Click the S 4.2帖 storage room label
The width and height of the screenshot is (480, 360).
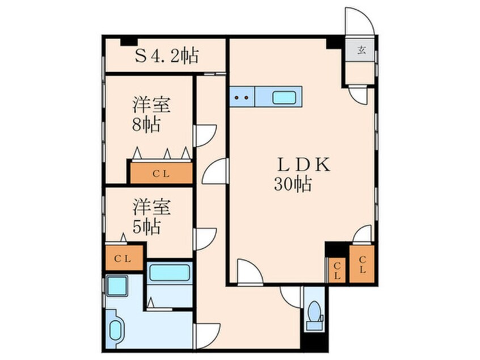coord(167,56)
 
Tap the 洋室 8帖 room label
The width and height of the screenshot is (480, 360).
coord(151,114)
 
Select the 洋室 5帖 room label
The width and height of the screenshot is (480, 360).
coord(151,216)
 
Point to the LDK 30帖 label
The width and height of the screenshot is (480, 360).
coord(301,174)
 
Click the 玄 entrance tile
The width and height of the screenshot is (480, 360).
coord(362,50)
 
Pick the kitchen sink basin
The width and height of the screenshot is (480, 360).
coord(284,98)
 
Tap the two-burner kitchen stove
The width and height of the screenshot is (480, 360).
coord(242,97)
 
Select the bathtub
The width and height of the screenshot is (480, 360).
coord(169,273)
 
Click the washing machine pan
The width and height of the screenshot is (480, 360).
coord(116,285)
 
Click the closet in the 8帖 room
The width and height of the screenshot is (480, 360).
coord(161,173)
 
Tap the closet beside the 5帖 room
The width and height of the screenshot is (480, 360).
coord(124,258)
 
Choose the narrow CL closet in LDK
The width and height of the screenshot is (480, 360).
coord(338,270)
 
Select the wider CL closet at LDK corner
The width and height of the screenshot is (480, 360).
coord(362,264)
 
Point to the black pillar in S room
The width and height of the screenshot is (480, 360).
coord(129,42)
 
